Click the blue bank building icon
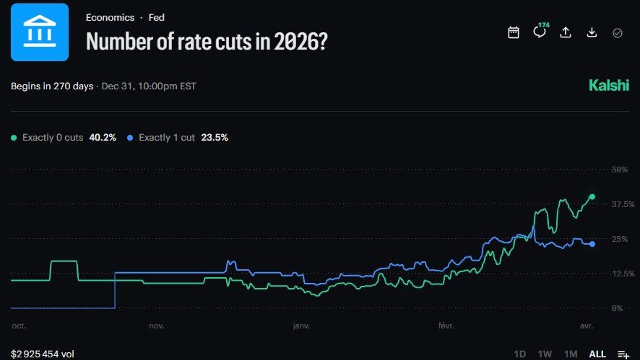(x=40, y=32)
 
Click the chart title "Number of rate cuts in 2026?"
(x=207, y=41)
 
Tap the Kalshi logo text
(x=609, y=85)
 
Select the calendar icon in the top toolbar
(x=513, y=33)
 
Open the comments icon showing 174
(x=540, y=32)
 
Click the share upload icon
(x=565, y=33)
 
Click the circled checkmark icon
(x=617, y=33)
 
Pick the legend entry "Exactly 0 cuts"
(x=52, y=137)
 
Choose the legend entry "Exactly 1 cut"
(x=166, y=137)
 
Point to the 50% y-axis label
(x=620, y=170)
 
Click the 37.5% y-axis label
(x=623, y=204)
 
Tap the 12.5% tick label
(x=623, y=274)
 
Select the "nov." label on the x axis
(x=156, y=326)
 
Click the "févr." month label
(x=446, y=326)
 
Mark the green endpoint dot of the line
(x=592, y=197)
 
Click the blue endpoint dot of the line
(x=592, y=244)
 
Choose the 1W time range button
(x=545, y=354)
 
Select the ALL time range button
(x=597, y=354)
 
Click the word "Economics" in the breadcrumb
(x=110, y=17)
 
